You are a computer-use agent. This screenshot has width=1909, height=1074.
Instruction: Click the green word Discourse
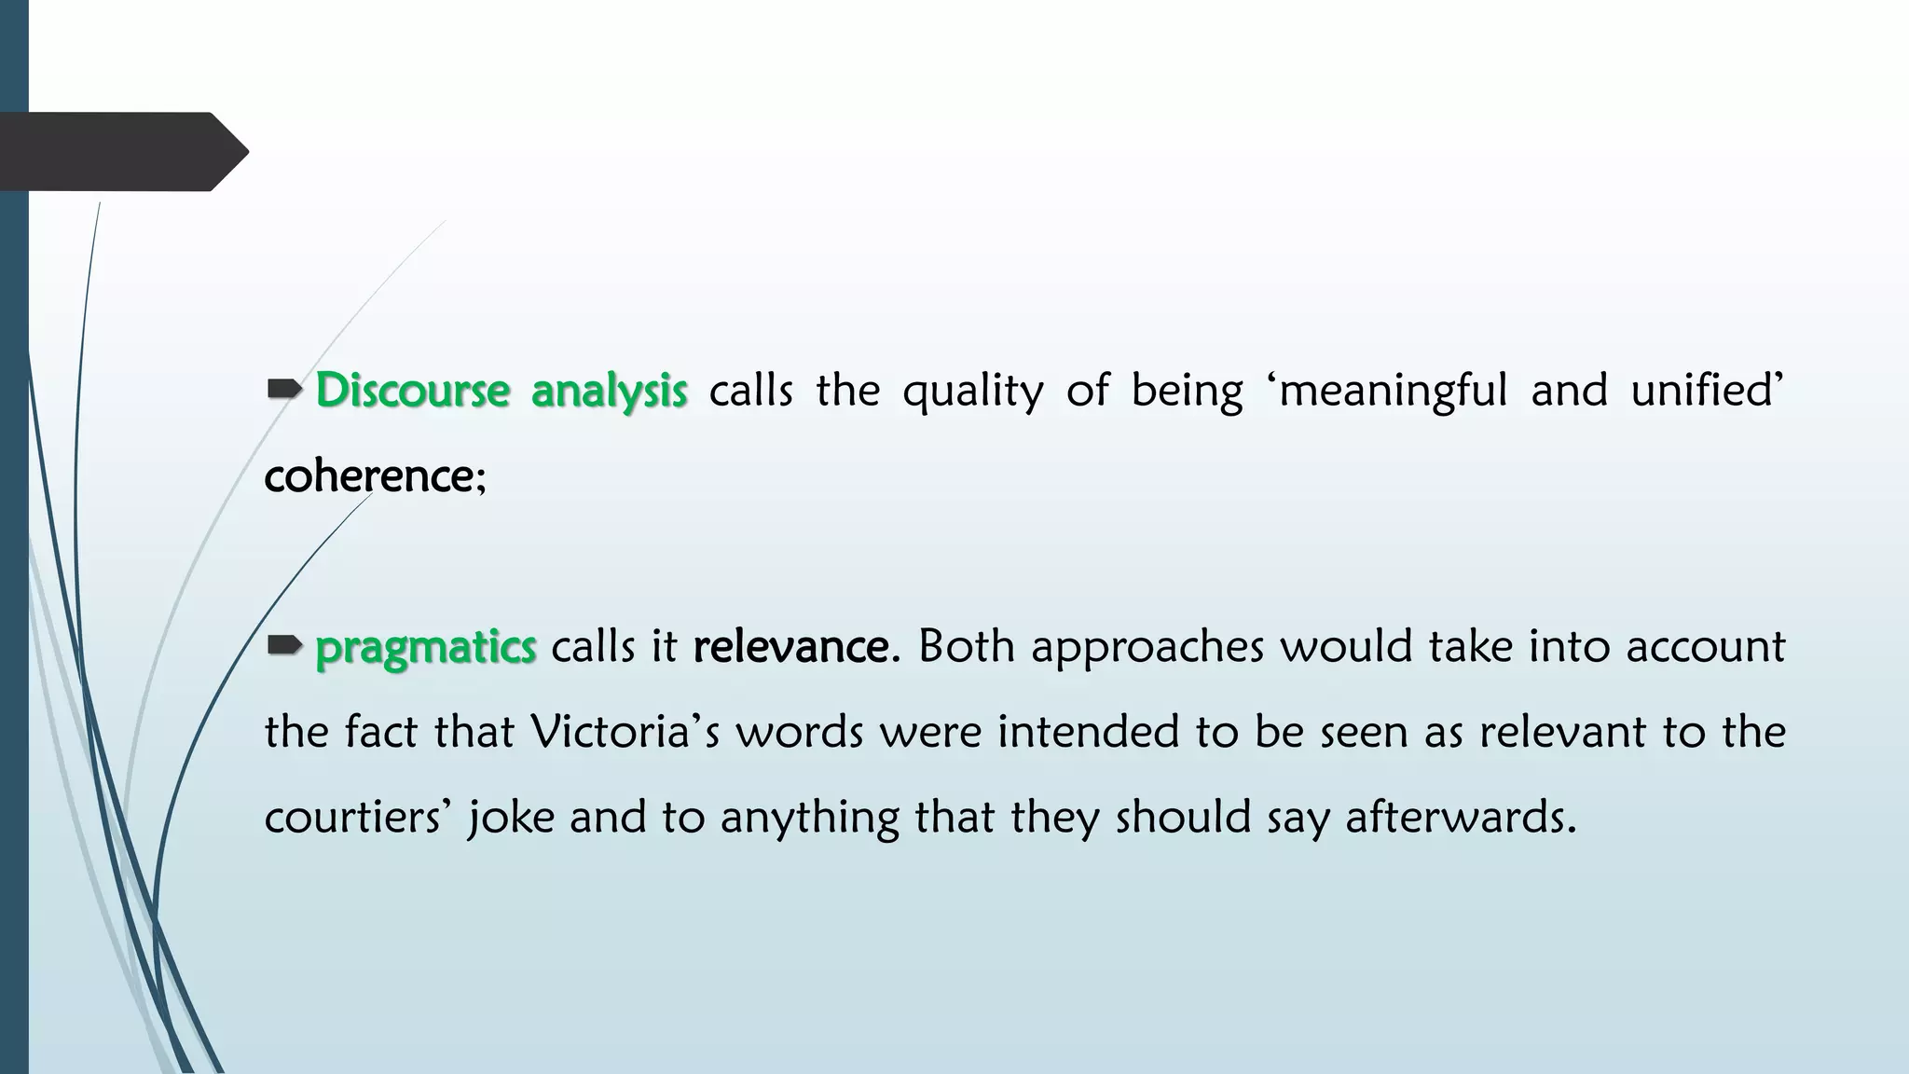(412, 390)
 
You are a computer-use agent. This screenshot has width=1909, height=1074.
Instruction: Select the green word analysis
(609, 392)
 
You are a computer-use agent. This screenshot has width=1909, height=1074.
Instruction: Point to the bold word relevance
(790, 646)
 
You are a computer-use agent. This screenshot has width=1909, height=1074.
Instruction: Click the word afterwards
(1460, 818)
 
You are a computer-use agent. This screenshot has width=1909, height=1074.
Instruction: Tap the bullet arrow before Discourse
(283, 388)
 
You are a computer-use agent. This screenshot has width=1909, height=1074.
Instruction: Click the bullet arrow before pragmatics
(283, 644)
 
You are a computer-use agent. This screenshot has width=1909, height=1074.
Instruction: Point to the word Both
(966, 646)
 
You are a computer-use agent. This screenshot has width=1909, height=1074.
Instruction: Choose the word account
(1705, 646)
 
